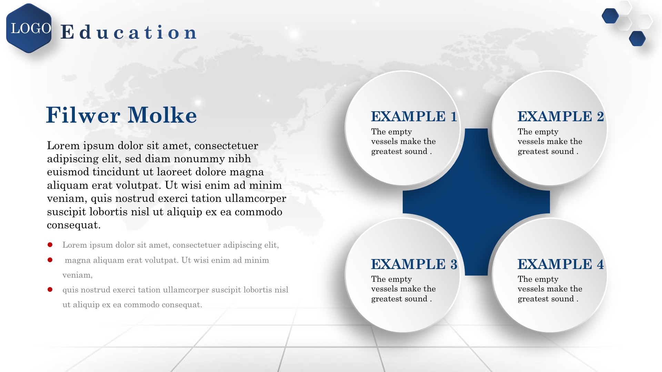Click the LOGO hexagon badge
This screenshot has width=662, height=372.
coord(29,28)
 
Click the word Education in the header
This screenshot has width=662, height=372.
coord(129,32)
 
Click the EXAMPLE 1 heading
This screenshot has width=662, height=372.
coord(414,116)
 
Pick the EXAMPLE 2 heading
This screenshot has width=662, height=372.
coord(561,116)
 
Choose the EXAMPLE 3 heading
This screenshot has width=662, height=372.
coord(414,264)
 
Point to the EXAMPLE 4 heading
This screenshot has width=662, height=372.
coord(561,264)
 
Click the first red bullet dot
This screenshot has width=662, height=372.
coord(50,245)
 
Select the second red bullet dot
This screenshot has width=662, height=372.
coord(50,260)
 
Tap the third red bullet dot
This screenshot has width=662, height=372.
coord(50,290)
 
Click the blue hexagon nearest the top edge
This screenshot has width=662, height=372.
coord(610,16)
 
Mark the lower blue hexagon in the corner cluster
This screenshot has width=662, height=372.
coord(637,39)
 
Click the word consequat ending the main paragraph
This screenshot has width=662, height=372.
coord(74,225)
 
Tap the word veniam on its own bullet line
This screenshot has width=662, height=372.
coord(77,275)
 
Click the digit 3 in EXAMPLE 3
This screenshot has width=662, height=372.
coord(454,264)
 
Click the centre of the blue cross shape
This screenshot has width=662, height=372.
coord(476,202)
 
